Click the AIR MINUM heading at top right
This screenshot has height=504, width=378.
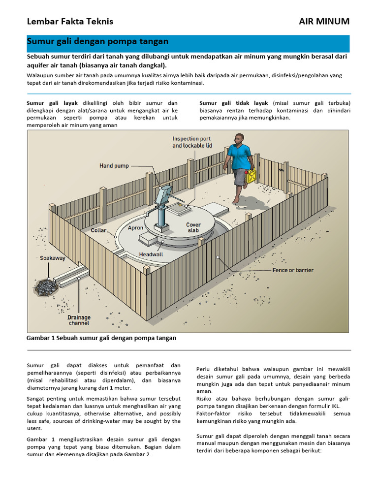(324, 21)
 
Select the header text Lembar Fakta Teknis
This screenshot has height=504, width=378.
(70, 21)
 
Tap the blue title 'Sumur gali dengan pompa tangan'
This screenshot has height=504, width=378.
(97, 42)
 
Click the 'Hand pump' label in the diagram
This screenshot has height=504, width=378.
(114, 166)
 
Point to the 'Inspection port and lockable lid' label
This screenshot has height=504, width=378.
(192, 142)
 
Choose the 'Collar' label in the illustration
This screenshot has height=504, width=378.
(99, 230)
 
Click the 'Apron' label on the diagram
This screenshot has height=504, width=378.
(135, 228)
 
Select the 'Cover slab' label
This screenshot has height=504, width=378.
(193, 228)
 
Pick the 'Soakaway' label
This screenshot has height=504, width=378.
(53, 258)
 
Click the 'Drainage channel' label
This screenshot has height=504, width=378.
(79, 320)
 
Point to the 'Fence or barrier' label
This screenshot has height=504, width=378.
(293, 270)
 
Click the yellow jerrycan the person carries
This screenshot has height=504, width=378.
(251, 176)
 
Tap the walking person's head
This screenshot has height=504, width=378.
(239, 138)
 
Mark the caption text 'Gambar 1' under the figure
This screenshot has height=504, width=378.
(40, 338)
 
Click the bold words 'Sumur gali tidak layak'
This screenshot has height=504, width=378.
(234, 103)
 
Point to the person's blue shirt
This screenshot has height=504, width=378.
(240, 157)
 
